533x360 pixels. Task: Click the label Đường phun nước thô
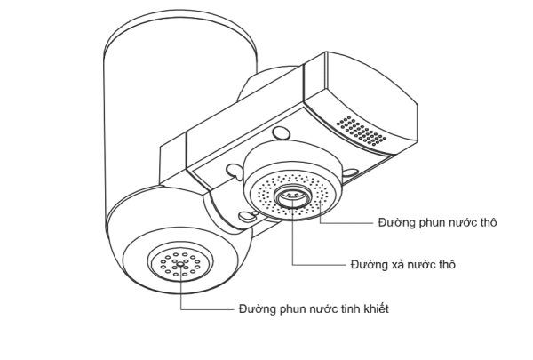click(x=437, y=222)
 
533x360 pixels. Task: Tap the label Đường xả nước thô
click(x=402, y=264)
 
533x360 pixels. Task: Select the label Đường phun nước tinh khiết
click(x=314, y=309)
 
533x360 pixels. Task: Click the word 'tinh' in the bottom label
click(x=350, y=309)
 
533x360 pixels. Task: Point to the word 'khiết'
click(x=376, y=308)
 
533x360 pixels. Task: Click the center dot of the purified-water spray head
click(x=180, y=263)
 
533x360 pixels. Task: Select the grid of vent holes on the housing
click(x=361, y=131)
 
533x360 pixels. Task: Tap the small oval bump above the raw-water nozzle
click(x=281, y=132)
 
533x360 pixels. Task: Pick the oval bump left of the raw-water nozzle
click(x=234, y=171)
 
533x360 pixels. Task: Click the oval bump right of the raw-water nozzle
click(x=350, y=172)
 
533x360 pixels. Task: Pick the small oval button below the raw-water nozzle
click(x=245, y=216)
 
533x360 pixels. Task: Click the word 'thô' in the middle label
click(x=446, y=264)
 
